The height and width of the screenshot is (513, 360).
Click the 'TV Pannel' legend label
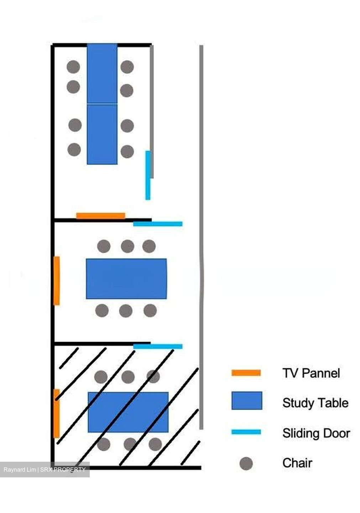click(311, 373)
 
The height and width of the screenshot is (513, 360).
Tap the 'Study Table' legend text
click(315, 403)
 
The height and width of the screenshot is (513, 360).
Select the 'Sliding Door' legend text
click(316, 433)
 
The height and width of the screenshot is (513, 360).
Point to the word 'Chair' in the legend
click(297, 463)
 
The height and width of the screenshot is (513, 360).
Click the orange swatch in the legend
click(246, 373)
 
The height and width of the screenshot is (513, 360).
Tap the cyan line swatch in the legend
click(246, 432)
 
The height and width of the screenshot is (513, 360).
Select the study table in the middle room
click(126, 279)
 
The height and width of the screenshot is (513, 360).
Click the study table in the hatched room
click(128, 412)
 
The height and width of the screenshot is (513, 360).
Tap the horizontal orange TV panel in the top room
click(101, 216)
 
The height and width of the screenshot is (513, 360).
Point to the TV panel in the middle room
click(57, 281)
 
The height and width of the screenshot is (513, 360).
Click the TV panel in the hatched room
click(57, 414)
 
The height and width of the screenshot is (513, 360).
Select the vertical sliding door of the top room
click(148, 175)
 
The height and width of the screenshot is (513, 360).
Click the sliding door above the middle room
click(158, 224)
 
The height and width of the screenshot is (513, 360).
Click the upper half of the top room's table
click(102, 74)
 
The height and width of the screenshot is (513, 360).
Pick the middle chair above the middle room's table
click(127, 246)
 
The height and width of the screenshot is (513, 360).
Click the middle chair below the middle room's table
click(126, 311)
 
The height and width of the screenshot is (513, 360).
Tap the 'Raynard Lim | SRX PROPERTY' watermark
click(45, 470)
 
